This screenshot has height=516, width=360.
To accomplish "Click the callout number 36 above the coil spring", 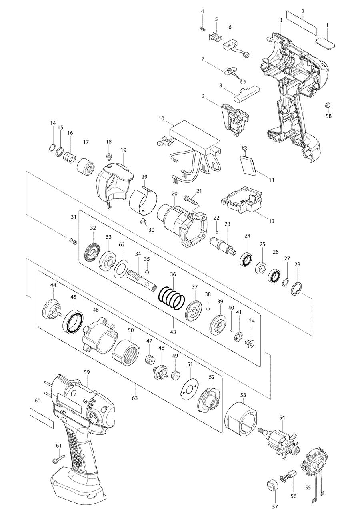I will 173,274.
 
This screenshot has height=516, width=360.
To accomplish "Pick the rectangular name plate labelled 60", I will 42,418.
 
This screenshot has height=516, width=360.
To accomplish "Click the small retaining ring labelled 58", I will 327,105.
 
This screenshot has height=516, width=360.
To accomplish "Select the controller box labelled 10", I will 195,136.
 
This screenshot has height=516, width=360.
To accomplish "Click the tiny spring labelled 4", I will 202,28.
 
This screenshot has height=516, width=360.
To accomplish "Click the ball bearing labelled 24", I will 246,259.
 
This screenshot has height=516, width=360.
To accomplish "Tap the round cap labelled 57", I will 272,486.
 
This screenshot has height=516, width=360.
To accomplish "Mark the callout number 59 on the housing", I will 86,372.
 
